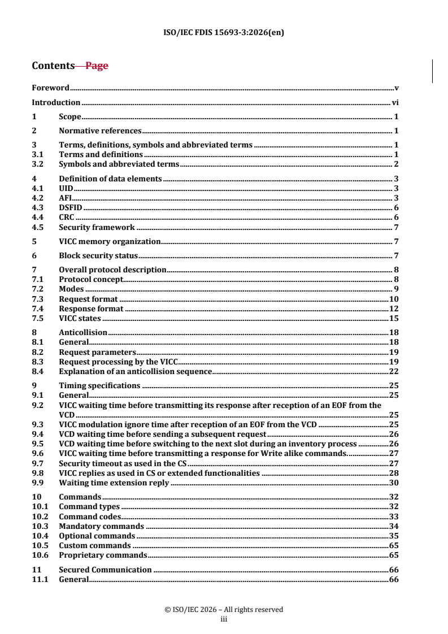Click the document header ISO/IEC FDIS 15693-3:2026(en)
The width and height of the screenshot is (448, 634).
[x=224, y=32]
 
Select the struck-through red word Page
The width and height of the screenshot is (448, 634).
[x=97, y=66]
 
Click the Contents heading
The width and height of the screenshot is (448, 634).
[x=53, y=66]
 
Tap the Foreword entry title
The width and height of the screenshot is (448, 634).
[x=50, y=88]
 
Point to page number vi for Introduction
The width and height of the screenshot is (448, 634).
[x=395, y=102]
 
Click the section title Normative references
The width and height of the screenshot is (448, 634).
[x=100, y=131]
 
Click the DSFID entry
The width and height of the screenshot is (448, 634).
[x=71, y=208]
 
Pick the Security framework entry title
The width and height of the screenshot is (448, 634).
[x=97, y=227]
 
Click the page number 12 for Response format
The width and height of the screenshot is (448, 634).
[x=394, y=309]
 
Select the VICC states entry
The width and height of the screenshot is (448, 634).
[x=80, y=318]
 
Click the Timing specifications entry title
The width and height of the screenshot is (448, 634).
[x=99, y=385]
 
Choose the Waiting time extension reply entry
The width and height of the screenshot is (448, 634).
[x=114, y=483]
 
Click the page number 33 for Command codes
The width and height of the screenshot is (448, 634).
[x=394, y=516]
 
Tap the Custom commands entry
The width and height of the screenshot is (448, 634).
[x=94, y=545]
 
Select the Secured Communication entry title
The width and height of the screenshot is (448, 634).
[x=105, y=570]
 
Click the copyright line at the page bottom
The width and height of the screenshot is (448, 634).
[x=224, y=609]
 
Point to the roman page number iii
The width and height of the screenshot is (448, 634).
[x=224, y=619]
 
